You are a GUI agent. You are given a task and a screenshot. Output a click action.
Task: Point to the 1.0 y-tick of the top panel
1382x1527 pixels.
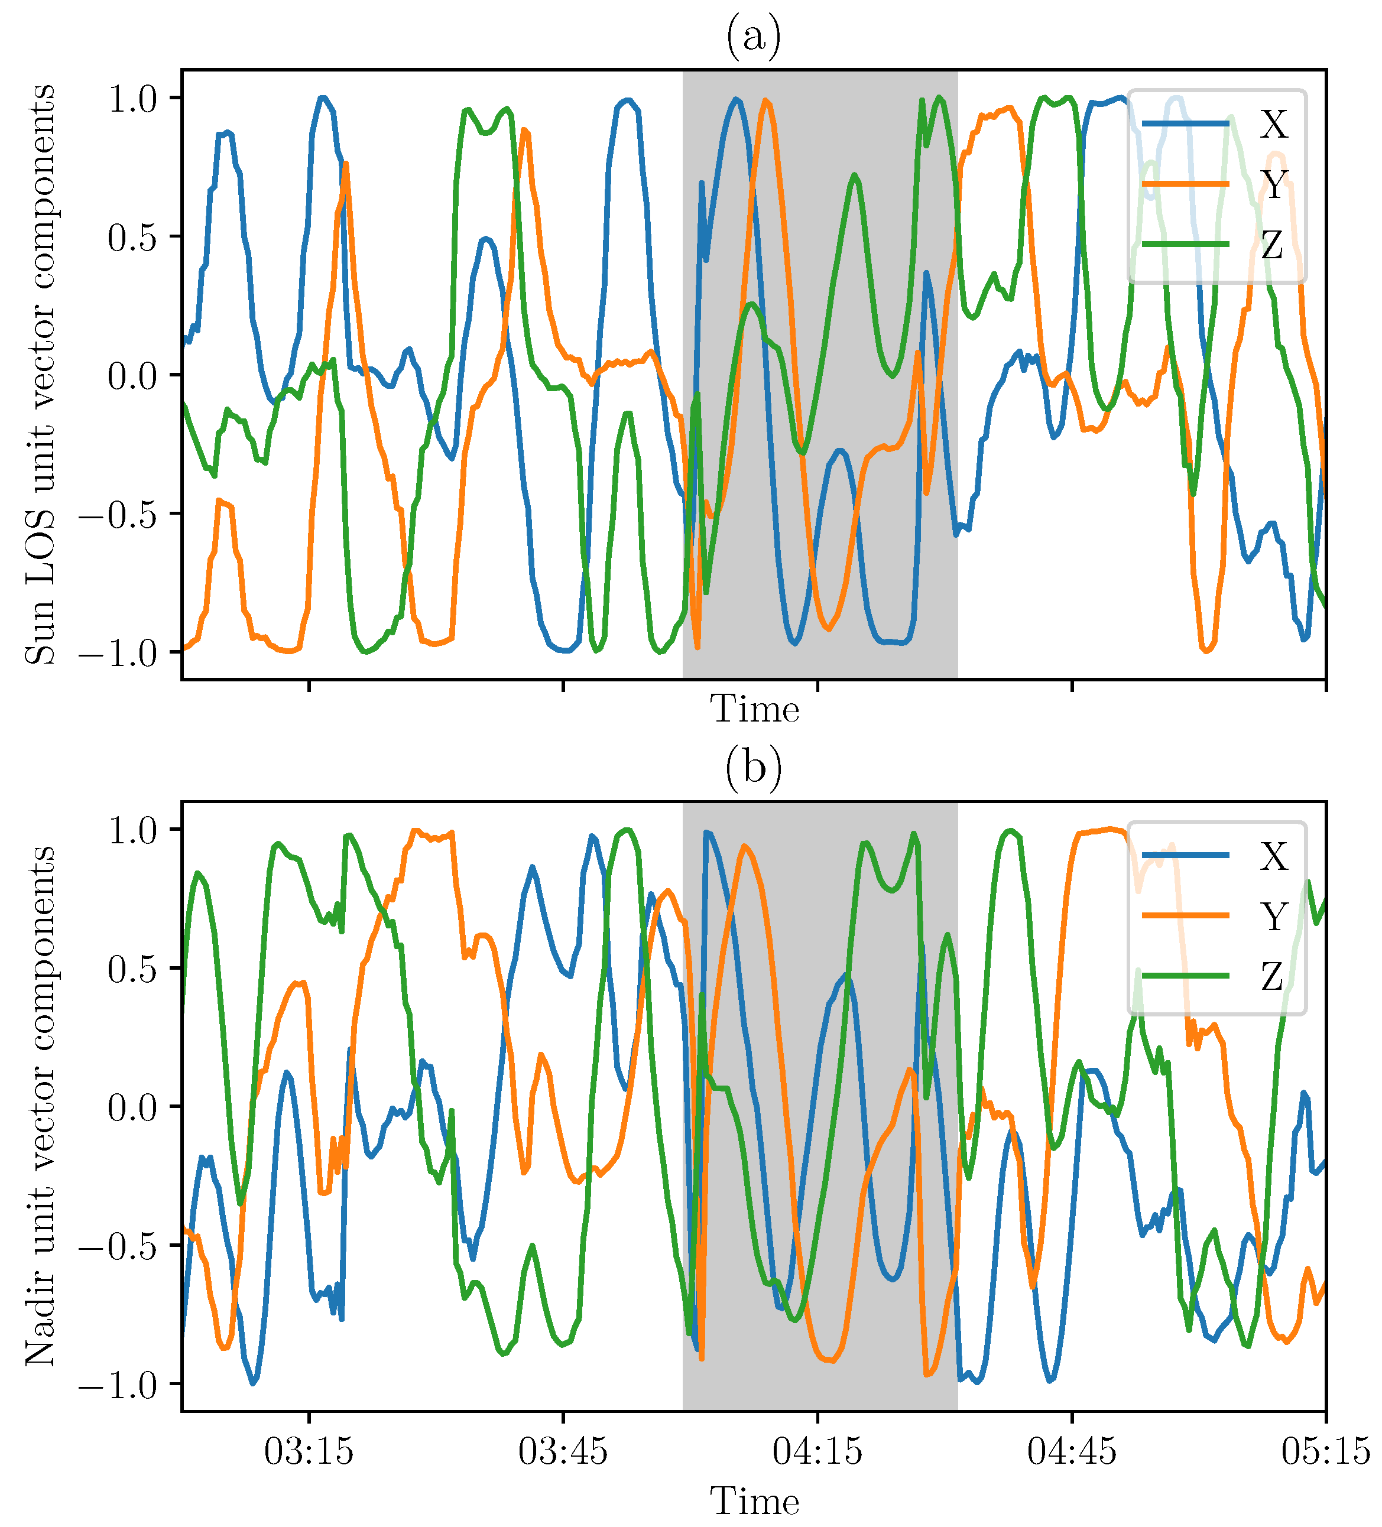click(132, 99)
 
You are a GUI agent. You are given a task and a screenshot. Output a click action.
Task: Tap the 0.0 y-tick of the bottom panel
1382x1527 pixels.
click(132, 1107)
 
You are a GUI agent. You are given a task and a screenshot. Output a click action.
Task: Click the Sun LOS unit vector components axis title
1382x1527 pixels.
click(40, 375)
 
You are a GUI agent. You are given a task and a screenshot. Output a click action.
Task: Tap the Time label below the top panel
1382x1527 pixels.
click(754, 710)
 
